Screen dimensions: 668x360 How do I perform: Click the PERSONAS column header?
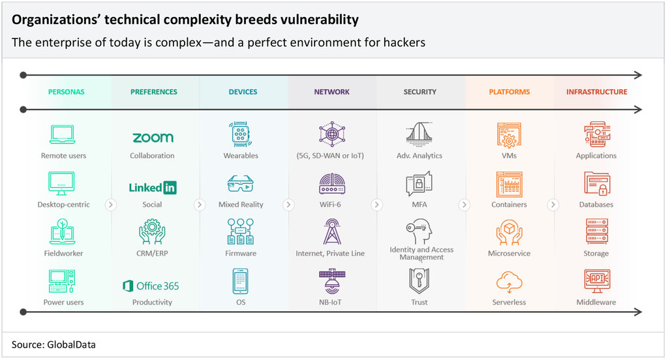coord(66,91)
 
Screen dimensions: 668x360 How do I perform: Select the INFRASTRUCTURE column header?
coord(596,91)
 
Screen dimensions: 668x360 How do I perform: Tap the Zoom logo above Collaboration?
coord(153,138)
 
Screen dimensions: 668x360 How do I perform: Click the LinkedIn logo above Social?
coord(153,187)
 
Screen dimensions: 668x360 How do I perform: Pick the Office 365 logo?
coord(151,286)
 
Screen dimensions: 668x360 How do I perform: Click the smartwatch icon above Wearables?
coord(241,134)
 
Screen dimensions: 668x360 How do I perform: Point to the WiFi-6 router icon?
coord(332,184)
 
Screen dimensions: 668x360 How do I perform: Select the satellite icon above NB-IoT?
coord(332,281)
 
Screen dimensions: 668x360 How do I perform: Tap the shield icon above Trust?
coord(419,280)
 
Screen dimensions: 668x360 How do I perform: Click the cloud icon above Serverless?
coord(509,282)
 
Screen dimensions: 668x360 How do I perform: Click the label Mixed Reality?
coord(241,205)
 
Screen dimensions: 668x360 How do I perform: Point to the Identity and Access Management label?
coord(421,254)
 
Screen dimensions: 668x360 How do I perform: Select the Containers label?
coord(509,205)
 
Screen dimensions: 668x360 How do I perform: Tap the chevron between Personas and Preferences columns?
coord(111,205)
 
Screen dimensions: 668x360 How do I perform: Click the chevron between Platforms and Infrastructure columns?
coord(553,205)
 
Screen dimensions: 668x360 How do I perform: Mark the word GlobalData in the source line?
coord(71,344)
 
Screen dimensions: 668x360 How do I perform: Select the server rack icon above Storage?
coord(597,232)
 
